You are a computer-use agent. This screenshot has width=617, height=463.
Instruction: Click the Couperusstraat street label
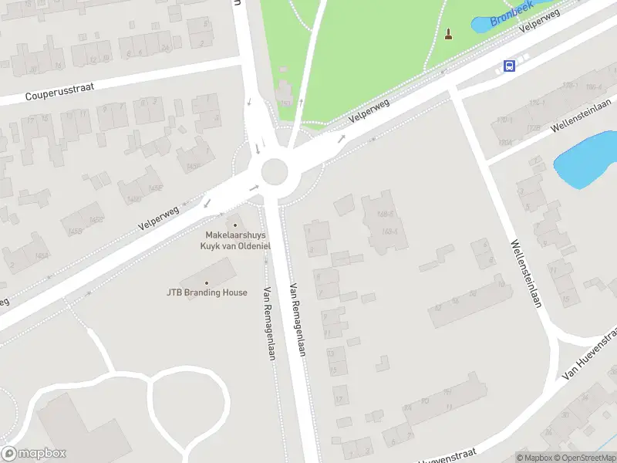59,92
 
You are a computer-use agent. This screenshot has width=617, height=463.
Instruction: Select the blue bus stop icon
509,66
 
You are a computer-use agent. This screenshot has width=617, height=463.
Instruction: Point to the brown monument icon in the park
449,34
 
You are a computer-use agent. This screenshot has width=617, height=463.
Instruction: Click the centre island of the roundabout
275,172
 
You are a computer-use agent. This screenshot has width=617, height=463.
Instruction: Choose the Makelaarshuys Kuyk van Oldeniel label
234,240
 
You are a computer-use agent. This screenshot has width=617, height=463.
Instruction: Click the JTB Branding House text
207,292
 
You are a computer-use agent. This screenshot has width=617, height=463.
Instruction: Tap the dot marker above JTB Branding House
207,282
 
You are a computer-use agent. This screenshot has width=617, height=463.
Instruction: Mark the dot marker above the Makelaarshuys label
235,225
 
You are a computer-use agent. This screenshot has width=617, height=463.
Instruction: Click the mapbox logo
34,454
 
